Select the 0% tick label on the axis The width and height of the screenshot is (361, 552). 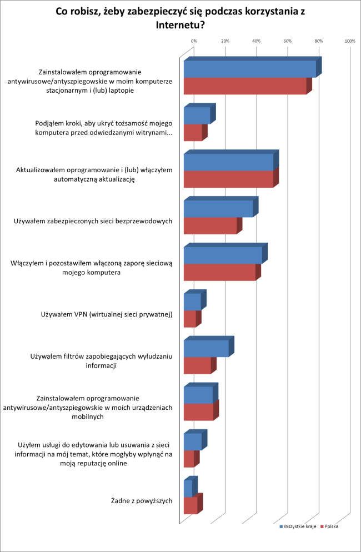[194, 41]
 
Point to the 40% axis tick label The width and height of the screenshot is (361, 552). [256, 41]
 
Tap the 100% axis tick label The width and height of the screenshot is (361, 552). [350, 41]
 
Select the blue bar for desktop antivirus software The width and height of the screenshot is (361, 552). [250, 69]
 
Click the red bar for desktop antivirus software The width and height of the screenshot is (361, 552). [245, 86]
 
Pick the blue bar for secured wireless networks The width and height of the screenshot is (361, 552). [218, 209]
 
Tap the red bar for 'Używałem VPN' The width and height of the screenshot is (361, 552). [190, 319]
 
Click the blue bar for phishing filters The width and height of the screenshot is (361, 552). [206, 348]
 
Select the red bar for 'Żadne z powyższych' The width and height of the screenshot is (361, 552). [190, 505]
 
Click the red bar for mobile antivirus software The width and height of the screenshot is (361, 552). [199, 412]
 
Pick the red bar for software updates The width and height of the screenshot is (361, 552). [228, 179]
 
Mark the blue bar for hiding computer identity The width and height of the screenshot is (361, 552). [197, 116]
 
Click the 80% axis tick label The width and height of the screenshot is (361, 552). [319, 41]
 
